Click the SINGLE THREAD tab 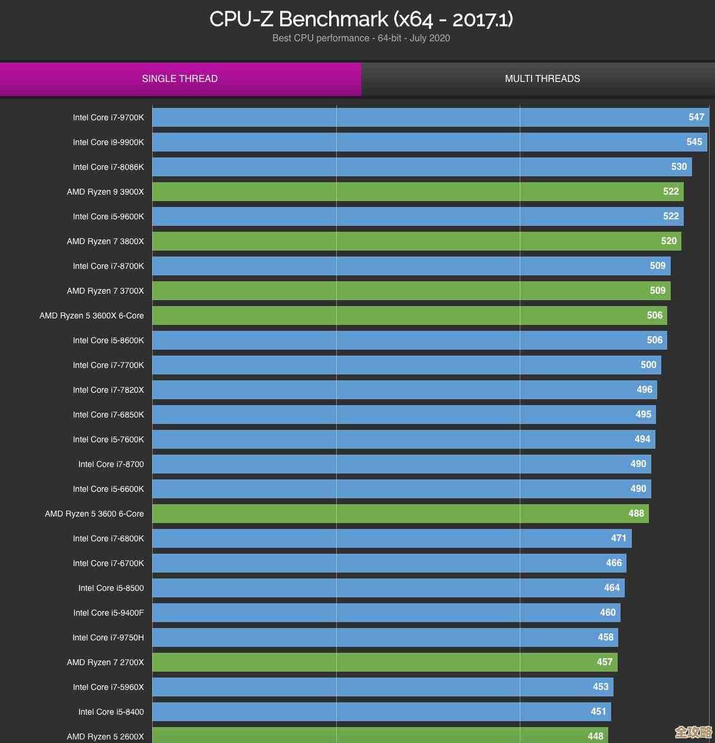(x=180, y=79)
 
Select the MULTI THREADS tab (x=542, y=79)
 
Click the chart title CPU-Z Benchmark (x=361, y=19)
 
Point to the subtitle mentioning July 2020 (x=361, y=38)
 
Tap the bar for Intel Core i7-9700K (x=413, y=117)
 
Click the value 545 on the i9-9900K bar (x=694, y=142)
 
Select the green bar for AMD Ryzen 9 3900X (x=413, y=192)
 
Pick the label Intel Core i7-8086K (x=109, y=167)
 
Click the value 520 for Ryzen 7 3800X (x=668, y=241)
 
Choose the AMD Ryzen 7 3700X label (x=106, y=291)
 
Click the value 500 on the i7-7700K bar (x=648, y=365)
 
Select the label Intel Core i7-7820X (x=109, y=390)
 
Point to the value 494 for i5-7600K (x=642, y=439)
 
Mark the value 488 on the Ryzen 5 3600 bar (x=636, y=514)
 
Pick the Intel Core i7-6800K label (x=109, y=539)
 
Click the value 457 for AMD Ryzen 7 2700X (x=604, y=662)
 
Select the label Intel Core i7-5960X (x=109, y=688)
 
